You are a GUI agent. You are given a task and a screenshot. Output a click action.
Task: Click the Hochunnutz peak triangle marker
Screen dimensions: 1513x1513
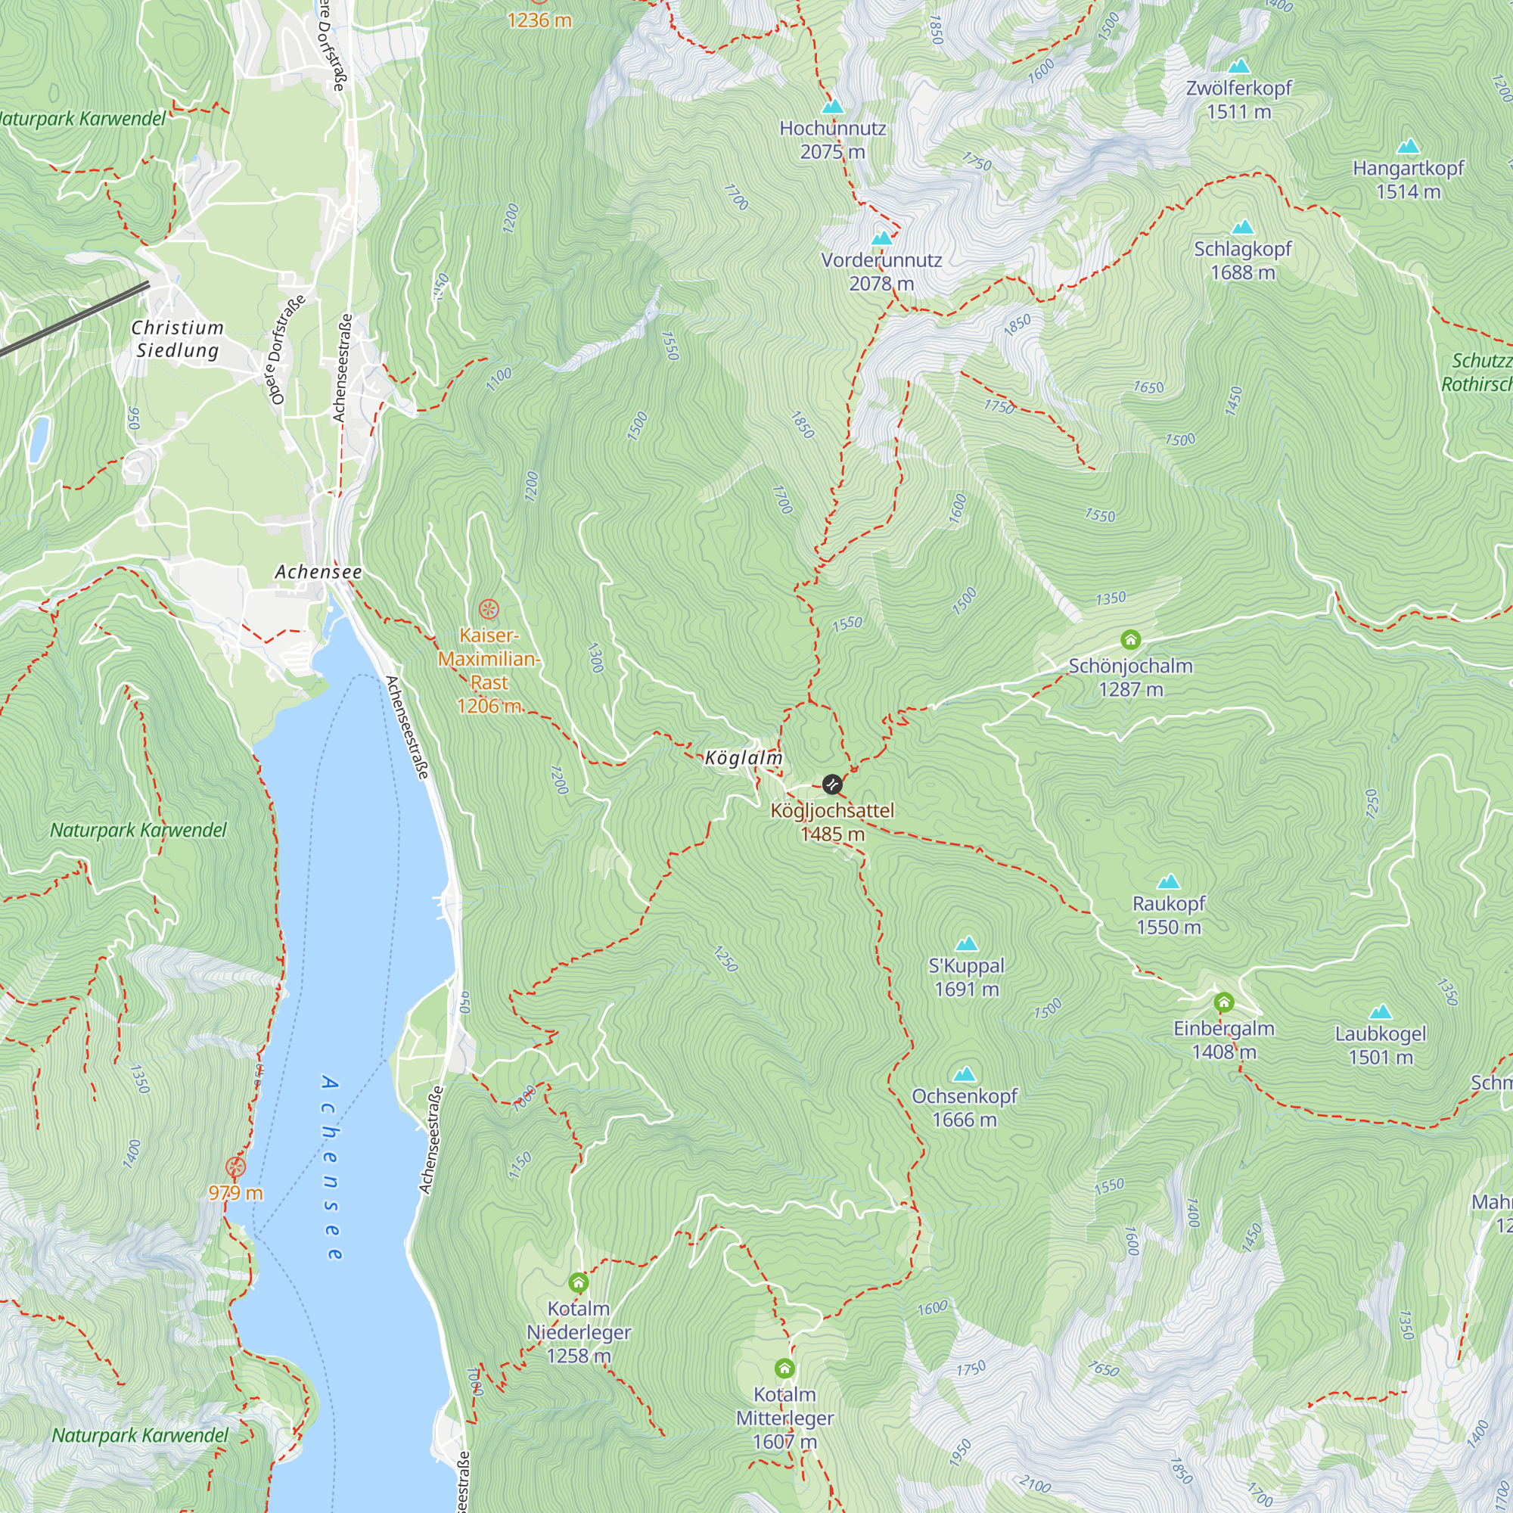pos(833,106)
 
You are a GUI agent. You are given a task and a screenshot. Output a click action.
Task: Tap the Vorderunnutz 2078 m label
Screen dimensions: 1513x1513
pos(881,271)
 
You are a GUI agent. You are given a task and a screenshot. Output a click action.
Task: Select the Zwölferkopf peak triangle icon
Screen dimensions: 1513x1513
pos(1239,66)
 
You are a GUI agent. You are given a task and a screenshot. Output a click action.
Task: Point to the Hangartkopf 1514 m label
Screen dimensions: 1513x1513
pos(1408,179)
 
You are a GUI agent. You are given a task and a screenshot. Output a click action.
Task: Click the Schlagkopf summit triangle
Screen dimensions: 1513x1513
pos(1243,228)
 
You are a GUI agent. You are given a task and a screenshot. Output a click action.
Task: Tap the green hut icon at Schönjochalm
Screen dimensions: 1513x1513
pos(1130,640)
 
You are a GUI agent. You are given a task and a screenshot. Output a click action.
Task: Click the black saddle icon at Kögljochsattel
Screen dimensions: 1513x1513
pos(832,784)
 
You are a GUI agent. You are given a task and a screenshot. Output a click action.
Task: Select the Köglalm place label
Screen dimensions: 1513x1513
pos(743,757)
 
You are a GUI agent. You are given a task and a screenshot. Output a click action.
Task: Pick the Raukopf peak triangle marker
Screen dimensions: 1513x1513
pos(1169,881)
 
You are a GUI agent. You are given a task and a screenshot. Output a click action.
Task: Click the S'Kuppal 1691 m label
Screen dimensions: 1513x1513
pos(966,977)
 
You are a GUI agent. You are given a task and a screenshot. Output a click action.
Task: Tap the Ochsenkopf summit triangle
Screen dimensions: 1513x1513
pos(965,1073)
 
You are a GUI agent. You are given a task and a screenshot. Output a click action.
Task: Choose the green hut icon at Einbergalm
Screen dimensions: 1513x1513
pos(1224,1002)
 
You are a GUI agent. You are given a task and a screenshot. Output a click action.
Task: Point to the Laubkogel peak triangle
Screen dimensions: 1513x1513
pos(1381,1011)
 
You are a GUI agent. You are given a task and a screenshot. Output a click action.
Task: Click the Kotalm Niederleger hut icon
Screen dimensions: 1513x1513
pos(578,1283)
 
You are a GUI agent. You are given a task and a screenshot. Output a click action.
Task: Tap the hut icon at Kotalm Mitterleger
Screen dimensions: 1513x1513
pos(784,1368)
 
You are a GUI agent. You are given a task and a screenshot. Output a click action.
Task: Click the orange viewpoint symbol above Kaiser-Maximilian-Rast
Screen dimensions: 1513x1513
pos(489,608)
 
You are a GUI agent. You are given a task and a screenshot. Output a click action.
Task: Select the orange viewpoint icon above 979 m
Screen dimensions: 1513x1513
pos(235,1167)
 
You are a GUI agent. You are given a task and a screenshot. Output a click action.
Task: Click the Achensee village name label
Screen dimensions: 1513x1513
pos(318,572)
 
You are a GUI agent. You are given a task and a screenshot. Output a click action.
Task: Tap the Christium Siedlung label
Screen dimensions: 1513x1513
pos(177,338)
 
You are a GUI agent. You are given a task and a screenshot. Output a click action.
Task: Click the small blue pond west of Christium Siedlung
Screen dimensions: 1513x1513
pos(38,439)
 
